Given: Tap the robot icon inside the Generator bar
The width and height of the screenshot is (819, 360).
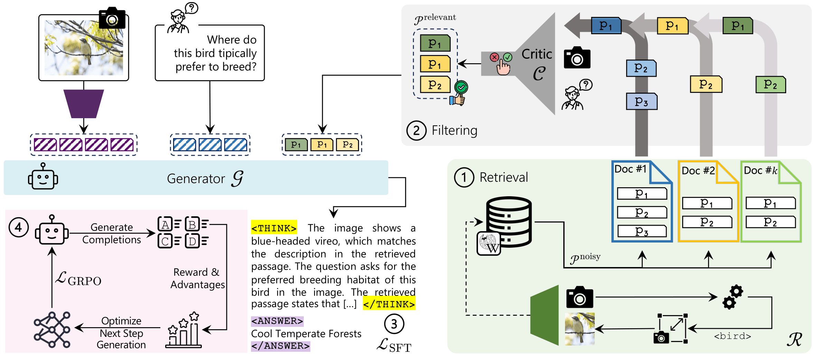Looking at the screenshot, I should click(x=43, y=177).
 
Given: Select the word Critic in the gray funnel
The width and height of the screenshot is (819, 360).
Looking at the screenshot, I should click(x=536, y=54).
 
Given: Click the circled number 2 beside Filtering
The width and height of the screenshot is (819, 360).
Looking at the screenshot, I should click(x=416, y=131).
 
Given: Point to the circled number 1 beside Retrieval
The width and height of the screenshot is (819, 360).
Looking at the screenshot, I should click(x=464, y=177).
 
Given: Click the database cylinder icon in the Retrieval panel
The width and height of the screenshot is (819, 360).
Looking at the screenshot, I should click(x=509, y=221).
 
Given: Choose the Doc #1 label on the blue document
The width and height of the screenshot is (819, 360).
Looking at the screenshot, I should click(x=630, y=169).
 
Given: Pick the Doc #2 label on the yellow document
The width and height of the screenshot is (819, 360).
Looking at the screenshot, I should click(x=698, y=170).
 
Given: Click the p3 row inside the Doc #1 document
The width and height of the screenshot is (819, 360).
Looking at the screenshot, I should click(x=642, y=231).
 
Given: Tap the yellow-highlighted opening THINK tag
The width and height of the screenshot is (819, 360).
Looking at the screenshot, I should click(x=274, y=228).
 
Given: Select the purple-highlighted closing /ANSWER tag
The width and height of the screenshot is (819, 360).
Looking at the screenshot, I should click(x=280, y=346).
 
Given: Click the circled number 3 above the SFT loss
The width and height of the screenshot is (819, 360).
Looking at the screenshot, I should click(x=394, y=324).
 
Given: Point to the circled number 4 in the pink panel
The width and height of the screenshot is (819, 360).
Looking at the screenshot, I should click(x=18, y=227).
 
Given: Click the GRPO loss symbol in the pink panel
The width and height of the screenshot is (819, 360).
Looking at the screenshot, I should click(x=78, y=279).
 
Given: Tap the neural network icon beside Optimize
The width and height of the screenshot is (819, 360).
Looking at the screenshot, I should click(x=52, y=330).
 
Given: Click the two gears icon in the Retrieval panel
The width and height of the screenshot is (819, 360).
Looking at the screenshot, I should click(x=732, y=296).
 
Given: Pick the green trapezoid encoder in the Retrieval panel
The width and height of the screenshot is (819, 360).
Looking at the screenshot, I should click(x=545, y=315).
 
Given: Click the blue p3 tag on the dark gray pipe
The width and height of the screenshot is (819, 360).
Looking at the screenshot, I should click(x=641, y=102).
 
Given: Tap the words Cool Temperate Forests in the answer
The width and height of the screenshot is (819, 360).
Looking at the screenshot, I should click(x=306, y=334).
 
